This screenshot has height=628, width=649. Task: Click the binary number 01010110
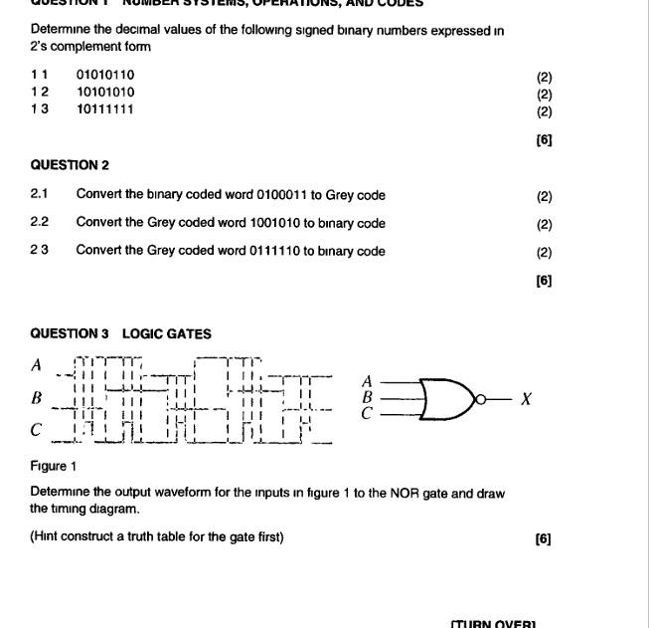point(105,75)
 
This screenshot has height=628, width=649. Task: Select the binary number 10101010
point(105,92)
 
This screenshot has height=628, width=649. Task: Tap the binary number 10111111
point(105,109)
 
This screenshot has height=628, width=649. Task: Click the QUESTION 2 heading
point(70,165)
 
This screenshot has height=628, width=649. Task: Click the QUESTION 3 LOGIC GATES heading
point(120,334)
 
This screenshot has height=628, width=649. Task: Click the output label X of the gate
point(527,399)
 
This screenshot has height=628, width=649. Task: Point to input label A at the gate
point(367,381)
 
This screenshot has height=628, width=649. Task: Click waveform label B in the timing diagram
point(37,398)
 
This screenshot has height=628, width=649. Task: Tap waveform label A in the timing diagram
point(37,365)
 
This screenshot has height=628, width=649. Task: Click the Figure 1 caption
point(49,466)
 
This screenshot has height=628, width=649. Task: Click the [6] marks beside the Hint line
point(543,538)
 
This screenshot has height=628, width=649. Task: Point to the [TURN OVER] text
point(493,623)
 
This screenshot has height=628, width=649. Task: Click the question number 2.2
point(40,223)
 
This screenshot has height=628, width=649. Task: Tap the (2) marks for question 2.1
point(544,196)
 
